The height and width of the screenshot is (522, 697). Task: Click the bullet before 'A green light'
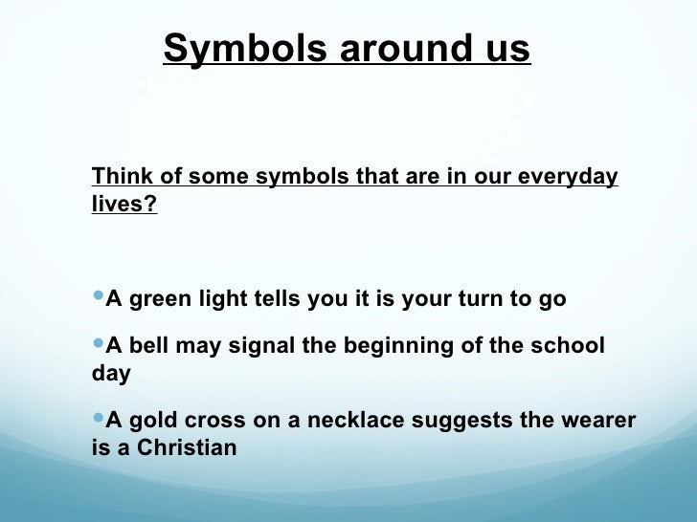tap(98, 298)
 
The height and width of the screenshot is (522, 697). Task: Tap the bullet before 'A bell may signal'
tap(98, 344)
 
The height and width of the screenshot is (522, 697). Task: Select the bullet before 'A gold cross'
tap(98, 420)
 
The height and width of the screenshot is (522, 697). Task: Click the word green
tap(160, 299)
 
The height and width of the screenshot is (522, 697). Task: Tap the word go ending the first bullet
tap(552, 299)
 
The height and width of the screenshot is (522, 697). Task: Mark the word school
tap(568, 345)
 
